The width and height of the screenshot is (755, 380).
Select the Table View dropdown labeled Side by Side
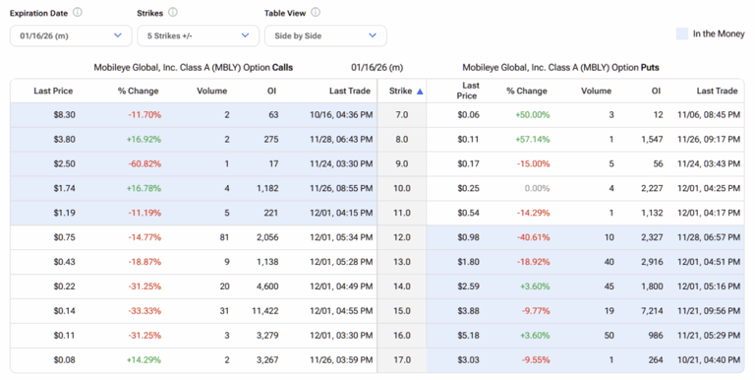pos(324,35)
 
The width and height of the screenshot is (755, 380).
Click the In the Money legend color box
pos(681,33)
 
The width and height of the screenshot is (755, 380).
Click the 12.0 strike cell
pos(401,237)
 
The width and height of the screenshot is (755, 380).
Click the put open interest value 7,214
pos(648,310)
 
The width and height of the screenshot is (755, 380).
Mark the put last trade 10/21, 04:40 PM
pos(706,359)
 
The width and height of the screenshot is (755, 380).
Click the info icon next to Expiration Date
pos(78,13)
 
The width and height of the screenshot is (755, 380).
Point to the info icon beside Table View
pos(316,13)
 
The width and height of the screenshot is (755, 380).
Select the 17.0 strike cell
pos(401,359)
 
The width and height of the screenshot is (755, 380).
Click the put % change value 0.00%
pos(537,188)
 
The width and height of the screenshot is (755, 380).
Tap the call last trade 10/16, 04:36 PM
pos(339,115)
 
